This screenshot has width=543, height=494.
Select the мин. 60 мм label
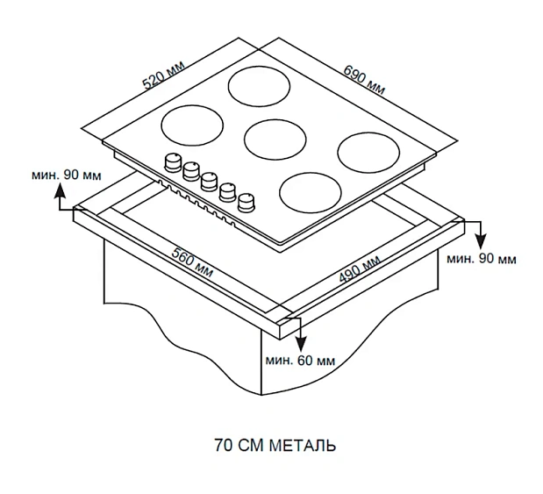click(301, 361)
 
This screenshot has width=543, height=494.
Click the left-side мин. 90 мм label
click(66, 174)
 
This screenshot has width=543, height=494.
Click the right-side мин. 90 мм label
click(481, 259)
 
